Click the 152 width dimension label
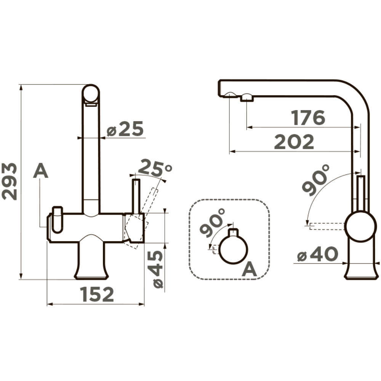click(97, 294)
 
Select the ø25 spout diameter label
click(125, 129)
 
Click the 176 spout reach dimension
click(308, 118)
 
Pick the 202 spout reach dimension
click(294, 142)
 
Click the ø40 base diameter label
click(317, 254)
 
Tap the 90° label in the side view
click(315, 179)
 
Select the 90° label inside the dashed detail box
click(212, 222)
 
